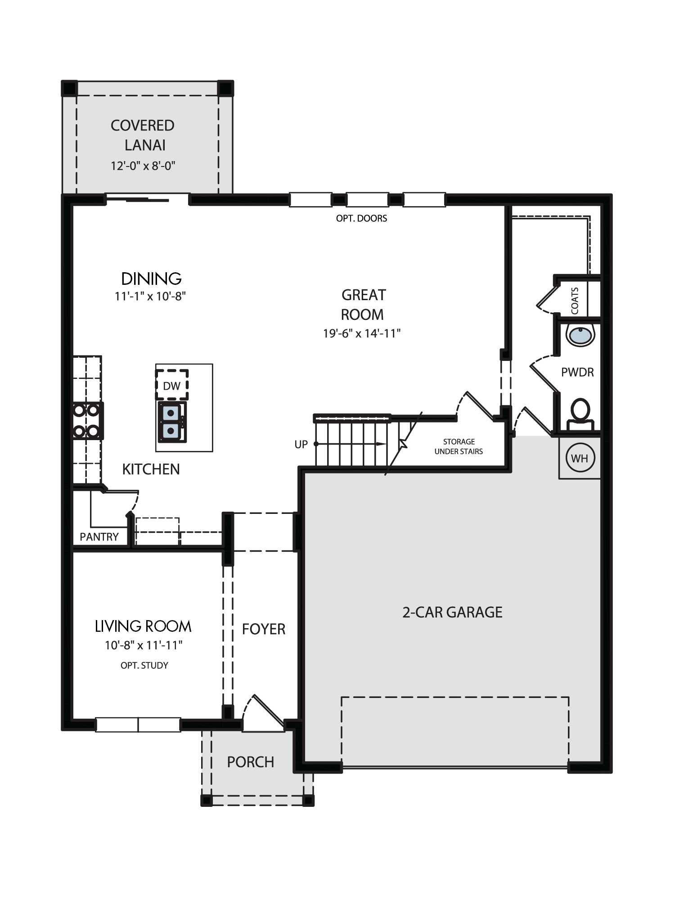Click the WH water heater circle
tap(580, 458)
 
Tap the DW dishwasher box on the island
tap(171, 385)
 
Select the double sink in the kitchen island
tap(171, 422)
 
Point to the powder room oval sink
tap(580, 335)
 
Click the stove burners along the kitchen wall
tap(87, 420)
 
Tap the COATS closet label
tap(575, 301)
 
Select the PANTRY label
tap(99, 537)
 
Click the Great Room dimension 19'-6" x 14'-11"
tap(362, 333)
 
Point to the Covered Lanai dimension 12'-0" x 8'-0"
tap(143, 166)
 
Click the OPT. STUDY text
tap(144, 665)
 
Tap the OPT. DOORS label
tap(361, 218)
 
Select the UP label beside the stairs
tap(301, 445)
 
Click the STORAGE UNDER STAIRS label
tap(459, 446)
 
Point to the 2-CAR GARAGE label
tap(452, 612)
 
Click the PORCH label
tap(251, 762)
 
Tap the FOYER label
tap(264, 629)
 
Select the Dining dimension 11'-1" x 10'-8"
tap(150, 296)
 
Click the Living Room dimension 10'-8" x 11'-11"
tap(144, 645)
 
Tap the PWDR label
tap(577, 372)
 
